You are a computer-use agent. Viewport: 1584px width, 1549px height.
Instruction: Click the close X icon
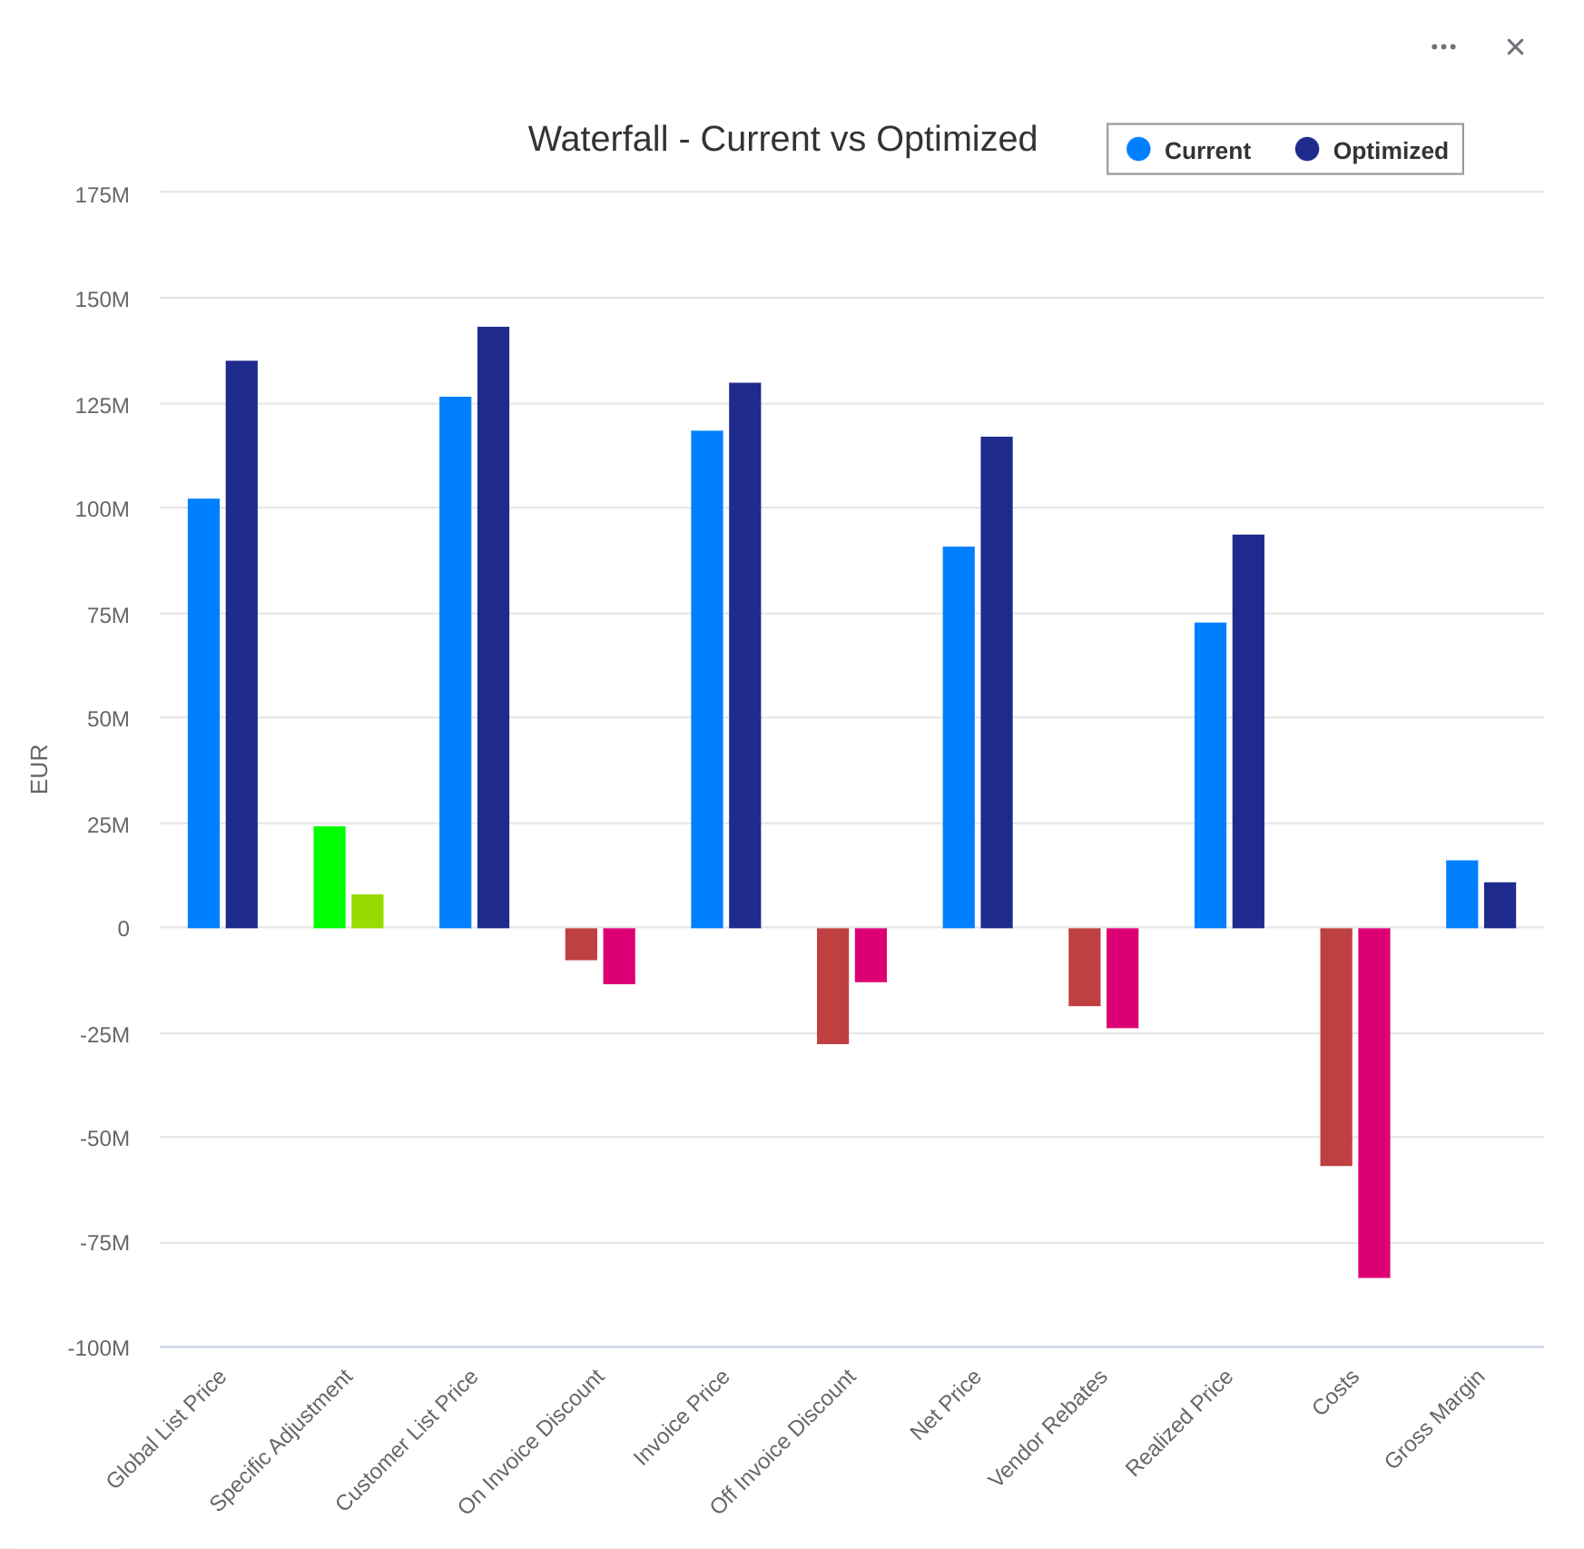pyautogui.click(x=1515, y=47)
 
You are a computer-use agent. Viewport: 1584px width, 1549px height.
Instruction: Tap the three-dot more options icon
pyautogui.click(x=1443, y=47)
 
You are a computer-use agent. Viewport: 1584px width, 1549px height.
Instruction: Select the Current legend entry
pyautogui.click(x=1189, y=150)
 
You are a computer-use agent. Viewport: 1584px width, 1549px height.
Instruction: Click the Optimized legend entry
pyautogui.click(x=1372, y=150)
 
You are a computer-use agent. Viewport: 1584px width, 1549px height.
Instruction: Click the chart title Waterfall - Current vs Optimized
pyautogui.click(x=782, y=139)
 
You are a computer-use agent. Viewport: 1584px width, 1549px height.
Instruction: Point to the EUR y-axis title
pyautogui.click(x=39, y=768)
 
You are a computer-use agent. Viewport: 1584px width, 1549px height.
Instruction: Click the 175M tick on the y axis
pyautogui.click(x=102, y=195)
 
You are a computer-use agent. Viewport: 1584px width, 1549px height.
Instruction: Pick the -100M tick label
pyautogui.click(x=99, y=1348)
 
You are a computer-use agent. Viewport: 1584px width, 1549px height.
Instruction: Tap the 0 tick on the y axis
pyautogui.click(x=123, y=929)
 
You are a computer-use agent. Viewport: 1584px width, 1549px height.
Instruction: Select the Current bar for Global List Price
pyautogui.click(x=203, y=713)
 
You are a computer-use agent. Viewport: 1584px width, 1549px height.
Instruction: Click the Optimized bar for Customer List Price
pyautogui.click(x=493, y=627)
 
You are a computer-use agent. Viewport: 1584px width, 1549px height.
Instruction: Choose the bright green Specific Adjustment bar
pyautogui.click(x=330, y=877)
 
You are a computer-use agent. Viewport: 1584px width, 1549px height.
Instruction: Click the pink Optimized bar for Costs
pyautogui.click(x=1373, y=1102)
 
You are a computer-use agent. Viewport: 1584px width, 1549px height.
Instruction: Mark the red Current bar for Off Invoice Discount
pyautogui.click(x=832, y=986)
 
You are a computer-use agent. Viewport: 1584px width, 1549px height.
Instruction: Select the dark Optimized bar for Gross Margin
pyautogui.click(x=1500, y=905)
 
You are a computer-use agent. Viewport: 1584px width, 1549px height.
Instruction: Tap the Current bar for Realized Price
pyautogui.click(x=1210, y=774)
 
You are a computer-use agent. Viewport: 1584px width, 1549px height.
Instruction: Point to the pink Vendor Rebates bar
pyautogui.click(x=1122, y=978)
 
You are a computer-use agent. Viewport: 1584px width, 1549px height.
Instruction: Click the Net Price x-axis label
pyautogui.click(x=946, y=1405)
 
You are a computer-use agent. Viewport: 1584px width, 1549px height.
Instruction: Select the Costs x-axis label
pyautogui.click(x=1336, y=1393)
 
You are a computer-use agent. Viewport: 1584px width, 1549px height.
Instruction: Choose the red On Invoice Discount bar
pyautogui.click(x=581, y=944)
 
